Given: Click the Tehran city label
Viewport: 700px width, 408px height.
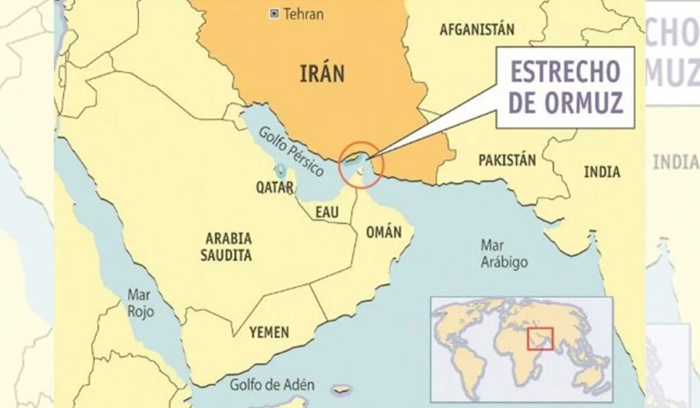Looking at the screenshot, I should (303, 14).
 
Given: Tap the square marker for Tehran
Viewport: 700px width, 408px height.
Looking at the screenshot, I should (275, 13).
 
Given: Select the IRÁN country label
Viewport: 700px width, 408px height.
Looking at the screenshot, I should (322, 73).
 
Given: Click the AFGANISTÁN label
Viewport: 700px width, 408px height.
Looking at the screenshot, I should (477, 29).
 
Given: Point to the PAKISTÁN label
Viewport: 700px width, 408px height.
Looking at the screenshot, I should (507, 161).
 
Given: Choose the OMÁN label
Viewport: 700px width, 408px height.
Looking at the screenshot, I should (383, 232).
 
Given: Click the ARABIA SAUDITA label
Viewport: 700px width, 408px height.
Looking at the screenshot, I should (228, 247).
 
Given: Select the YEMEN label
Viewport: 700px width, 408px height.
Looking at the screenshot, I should (269, 332).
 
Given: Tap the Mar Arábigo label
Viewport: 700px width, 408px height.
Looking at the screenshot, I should (504, 253).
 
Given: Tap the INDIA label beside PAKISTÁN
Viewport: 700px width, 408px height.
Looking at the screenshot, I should (602, 172).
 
